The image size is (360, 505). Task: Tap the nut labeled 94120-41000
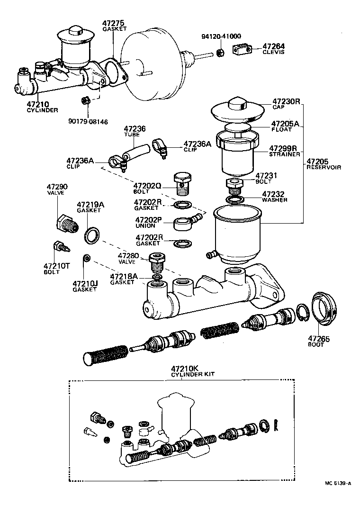pos(220,52)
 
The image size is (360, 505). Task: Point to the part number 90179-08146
pos(88,122)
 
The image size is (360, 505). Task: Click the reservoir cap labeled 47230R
pos(237,110)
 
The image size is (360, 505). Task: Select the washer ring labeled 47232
pos(234,199)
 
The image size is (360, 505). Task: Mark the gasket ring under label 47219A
pos(92,235)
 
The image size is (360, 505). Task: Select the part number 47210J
pos(85,284)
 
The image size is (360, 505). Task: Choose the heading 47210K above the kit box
pos(184,368)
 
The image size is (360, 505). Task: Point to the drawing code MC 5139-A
pos(338,484)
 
